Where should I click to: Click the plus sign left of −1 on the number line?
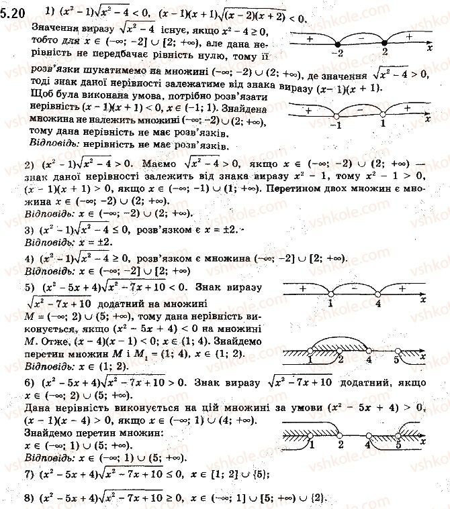click(x=308, y=108)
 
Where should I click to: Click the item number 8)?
click(x=28, y=498)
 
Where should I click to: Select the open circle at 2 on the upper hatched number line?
click(x=340, y=350)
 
